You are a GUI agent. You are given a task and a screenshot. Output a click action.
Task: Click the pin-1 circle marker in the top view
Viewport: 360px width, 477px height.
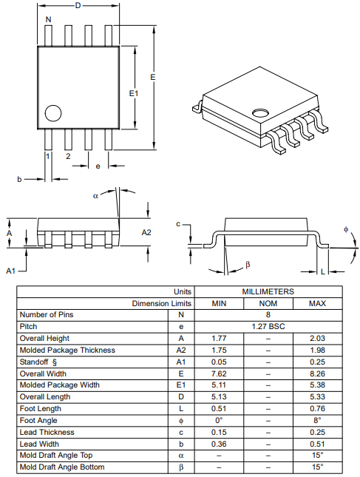tap(53, 113)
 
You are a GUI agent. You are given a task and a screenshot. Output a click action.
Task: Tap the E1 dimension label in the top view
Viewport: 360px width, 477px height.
tap(134, 93)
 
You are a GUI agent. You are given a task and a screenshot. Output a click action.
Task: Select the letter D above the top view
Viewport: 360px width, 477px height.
tap(78, 5)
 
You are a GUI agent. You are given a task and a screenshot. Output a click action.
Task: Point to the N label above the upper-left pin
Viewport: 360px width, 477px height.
tap(48, 19)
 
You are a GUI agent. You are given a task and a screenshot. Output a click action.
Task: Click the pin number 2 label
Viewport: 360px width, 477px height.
tap(68, 156)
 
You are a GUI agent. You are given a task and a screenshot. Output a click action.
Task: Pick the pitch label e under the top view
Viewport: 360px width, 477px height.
tap(98, 166)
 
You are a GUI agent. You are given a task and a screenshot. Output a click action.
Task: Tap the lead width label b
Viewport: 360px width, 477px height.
tap(19, 179)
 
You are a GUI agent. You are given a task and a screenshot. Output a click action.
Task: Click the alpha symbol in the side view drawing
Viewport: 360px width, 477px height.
tap(96, 196)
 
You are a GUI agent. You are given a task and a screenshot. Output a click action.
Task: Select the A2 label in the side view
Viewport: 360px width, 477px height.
tap(146, 232)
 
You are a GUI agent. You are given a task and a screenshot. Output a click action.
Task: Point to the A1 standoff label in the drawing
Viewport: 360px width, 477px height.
tap(10, 271)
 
